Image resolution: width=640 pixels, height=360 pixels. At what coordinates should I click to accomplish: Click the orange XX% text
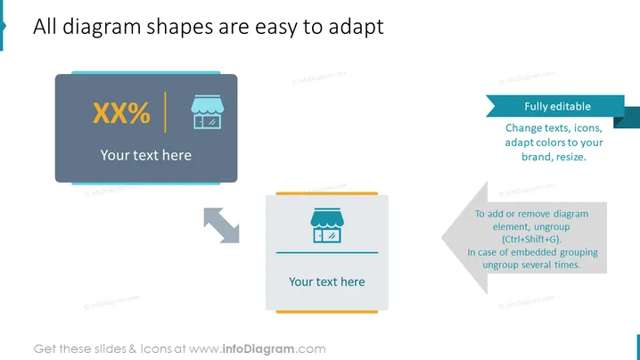click(121, 112)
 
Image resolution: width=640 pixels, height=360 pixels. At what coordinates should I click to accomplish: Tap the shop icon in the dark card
click(208, 112)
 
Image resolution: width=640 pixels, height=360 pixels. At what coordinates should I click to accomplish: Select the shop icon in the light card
click(327, 225)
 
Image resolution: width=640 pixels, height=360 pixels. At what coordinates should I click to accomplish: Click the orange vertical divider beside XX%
click(165, 112)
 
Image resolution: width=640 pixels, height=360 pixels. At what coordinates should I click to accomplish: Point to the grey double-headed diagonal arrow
click(221, 225)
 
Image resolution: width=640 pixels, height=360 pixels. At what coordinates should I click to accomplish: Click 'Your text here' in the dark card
click(145, 155)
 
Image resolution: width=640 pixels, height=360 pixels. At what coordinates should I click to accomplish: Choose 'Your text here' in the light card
click(327, 282)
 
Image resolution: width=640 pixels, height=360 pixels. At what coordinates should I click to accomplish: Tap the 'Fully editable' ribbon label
click(558, 107)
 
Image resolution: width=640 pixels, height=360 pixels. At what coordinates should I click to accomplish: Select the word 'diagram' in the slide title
click(102, 27)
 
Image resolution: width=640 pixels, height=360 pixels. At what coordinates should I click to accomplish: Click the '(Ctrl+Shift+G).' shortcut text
click(531, 239)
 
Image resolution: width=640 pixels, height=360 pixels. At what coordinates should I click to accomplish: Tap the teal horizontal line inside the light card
click(327, 253)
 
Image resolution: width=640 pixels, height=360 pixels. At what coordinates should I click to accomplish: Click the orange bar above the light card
click(327, 193)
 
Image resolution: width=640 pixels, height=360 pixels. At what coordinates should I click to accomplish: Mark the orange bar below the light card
click(327, 312)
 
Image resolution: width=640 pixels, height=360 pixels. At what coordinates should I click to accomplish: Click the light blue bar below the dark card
click(145, 184)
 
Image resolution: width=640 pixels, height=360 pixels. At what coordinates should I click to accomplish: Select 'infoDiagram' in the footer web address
click(258, 349)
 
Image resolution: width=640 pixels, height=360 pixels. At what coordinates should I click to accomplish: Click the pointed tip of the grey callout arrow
click(441, 238)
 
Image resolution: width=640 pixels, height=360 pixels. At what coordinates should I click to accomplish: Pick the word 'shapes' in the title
click(179, 27)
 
